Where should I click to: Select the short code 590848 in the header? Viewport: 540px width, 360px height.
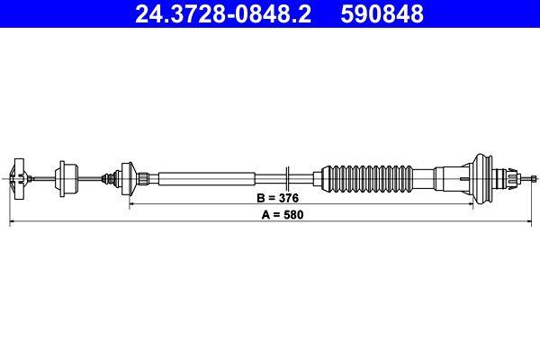[378, 14]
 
